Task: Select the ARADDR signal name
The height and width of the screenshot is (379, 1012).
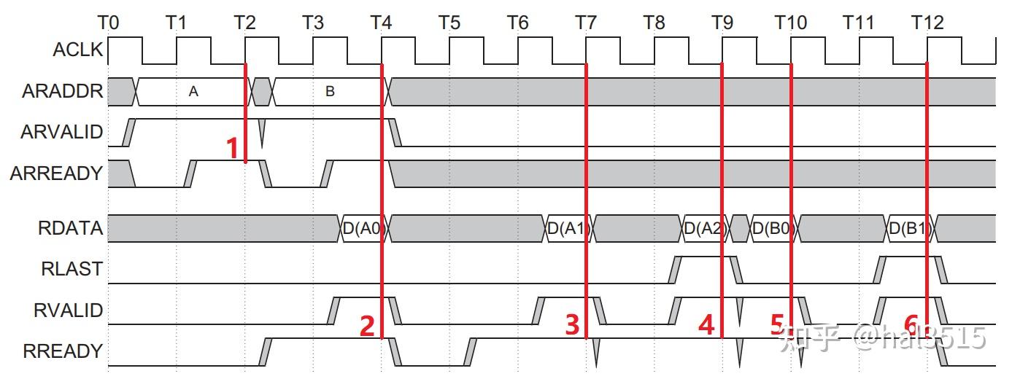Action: coord(62,92)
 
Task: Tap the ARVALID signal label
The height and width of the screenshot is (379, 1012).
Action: coord(61,133)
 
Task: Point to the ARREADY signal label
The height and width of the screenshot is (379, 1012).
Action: coord(56,173)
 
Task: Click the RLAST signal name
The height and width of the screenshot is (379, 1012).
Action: coord(72,269)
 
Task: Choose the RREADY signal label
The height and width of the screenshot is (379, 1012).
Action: coord(63,351)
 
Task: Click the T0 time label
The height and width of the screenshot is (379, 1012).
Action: coord(108,23)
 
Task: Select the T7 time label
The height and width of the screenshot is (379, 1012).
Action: coord(586,23)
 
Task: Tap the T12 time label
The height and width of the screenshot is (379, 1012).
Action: coord(927,23)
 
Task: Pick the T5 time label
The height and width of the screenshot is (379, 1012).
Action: coord(449,23)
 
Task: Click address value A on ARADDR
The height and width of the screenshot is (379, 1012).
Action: coord(193,92)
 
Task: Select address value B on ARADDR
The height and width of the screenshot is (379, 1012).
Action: coord(330,92)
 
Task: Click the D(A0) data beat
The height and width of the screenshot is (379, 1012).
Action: coord(362,229)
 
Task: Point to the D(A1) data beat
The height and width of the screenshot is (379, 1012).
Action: coord(568,229)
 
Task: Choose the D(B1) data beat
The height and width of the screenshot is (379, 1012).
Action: coord(908,229)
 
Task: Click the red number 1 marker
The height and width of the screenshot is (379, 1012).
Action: coord(233,148)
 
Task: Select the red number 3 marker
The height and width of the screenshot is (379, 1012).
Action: coord(573,324)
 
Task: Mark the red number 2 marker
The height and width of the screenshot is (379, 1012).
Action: coord(367,325)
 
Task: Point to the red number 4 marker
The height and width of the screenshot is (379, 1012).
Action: coord(706,324)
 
